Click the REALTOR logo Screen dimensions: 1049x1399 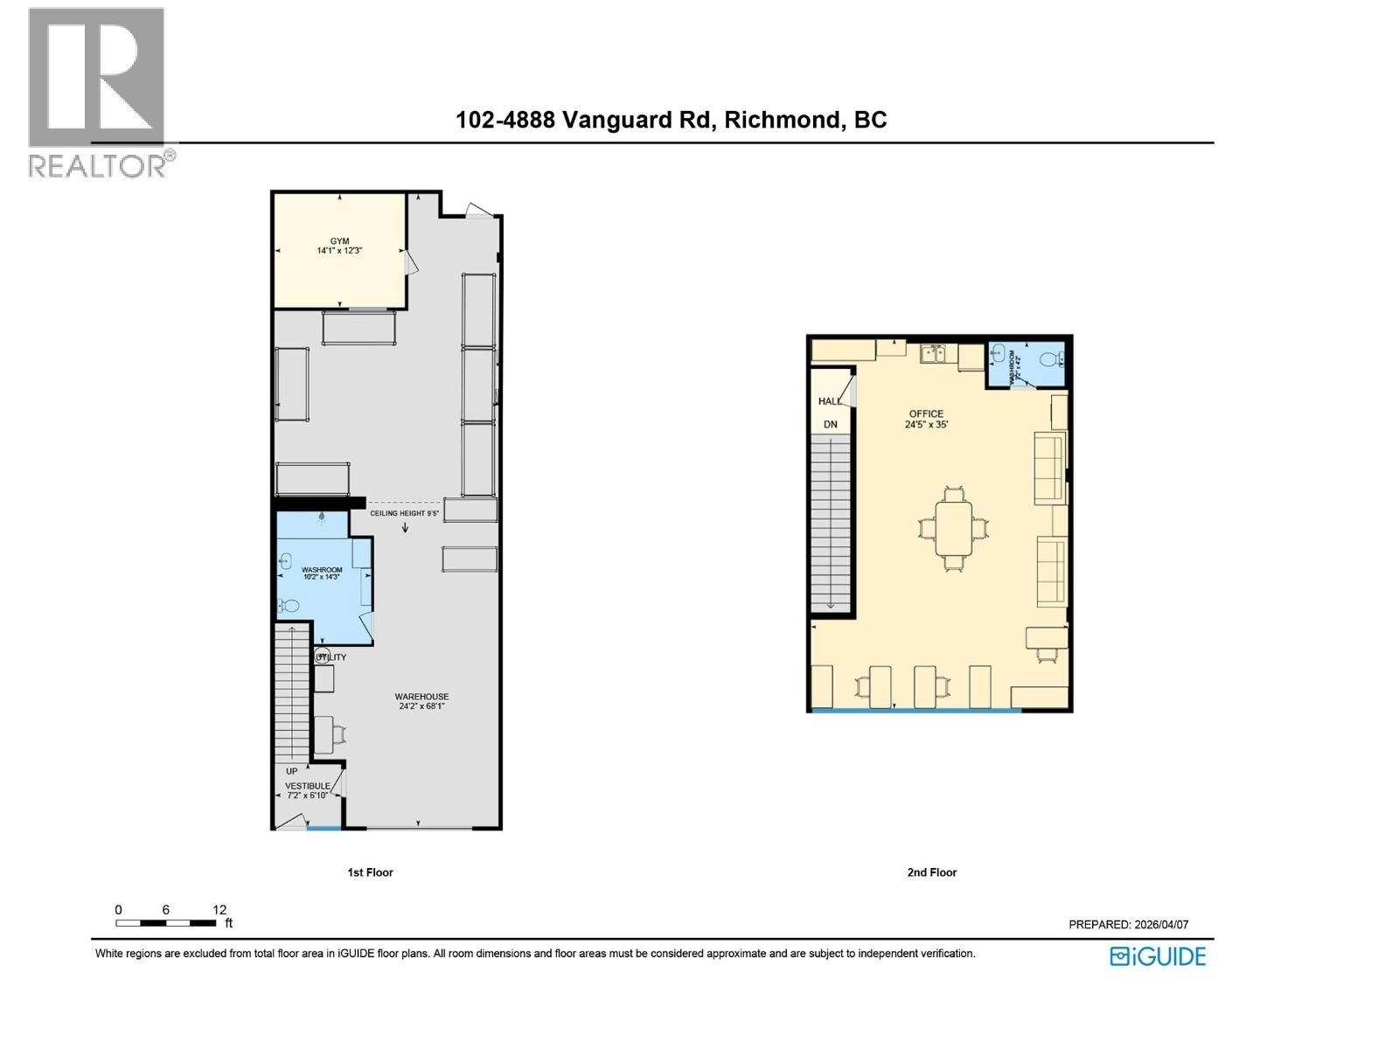point(98,92)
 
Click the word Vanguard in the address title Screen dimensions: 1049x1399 point(635,121)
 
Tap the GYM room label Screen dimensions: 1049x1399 point(339,242)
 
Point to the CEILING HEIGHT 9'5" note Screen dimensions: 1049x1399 point(404,513)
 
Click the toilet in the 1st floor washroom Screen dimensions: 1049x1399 point(289,605)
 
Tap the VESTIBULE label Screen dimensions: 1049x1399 point(308,786)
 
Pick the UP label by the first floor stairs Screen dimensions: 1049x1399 point(291,771)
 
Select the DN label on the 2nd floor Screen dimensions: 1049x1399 point(830,425)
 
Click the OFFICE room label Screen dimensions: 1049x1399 point(926,414)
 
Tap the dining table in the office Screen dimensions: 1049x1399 point(953,528)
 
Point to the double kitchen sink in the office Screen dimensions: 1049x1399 point(933,353)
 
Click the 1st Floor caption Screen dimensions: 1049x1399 point(370,872)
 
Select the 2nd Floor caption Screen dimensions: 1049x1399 point(931,872)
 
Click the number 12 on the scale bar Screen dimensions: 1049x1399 point(219,910)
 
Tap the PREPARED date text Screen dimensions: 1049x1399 point(1128,925)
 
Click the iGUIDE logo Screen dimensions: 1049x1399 point(1158,956)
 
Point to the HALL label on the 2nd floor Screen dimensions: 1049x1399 point(829,401)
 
